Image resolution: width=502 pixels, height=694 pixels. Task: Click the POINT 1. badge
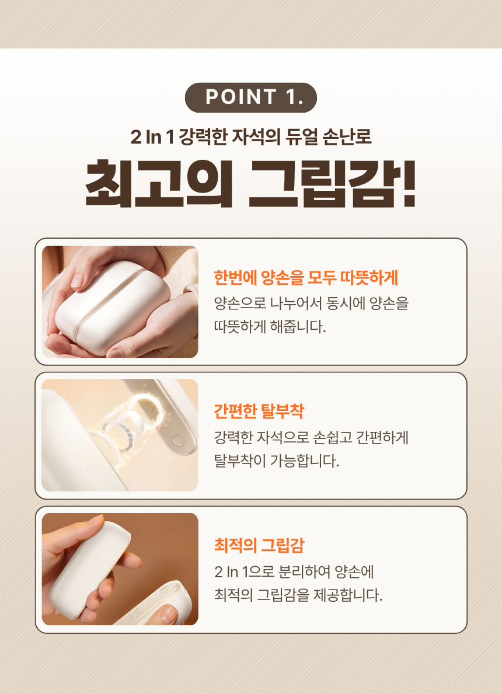[x=251, y=97]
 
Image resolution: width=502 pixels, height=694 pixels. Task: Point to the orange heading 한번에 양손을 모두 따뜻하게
[x=306, y=278]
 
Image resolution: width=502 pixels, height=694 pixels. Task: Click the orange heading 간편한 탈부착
[x=259, y=411]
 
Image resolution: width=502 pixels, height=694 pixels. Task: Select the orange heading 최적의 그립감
[x=259, y=546]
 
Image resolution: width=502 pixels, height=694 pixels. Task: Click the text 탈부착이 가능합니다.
[x=276, y=461]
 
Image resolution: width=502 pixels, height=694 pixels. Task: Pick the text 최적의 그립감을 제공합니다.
[x=298, y=595]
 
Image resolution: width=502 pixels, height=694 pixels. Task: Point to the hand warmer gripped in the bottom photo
[x=93, y=560]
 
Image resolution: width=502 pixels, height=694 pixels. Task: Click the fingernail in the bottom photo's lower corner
[x=169, y=613]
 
